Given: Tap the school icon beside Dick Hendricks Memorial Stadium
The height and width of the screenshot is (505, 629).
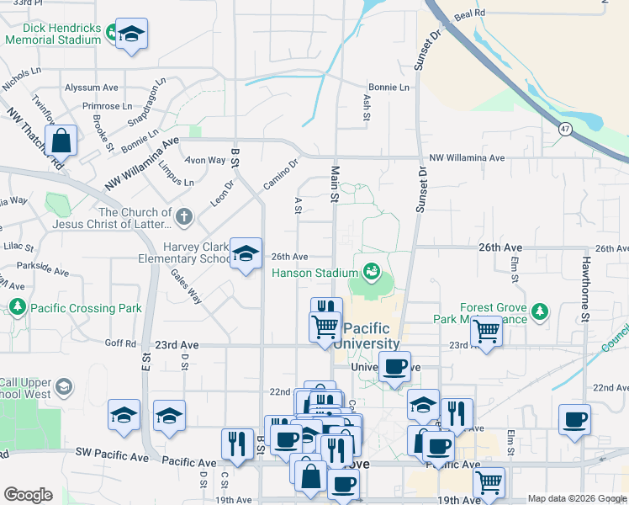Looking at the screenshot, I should coord(130,35).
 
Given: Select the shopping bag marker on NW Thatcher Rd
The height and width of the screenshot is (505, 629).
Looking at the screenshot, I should coord(61,141).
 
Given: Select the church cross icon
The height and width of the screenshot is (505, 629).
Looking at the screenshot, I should coord(184,218).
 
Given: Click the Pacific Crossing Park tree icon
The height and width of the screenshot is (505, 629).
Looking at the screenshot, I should coord(17,308).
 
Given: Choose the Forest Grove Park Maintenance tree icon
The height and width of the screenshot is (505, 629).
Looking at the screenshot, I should coord(539,313).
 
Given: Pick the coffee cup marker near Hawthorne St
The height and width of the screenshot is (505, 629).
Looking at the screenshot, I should coord(574,419).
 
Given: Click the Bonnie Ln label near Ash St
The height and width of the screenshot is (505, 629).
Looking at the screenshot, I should coord(388,88).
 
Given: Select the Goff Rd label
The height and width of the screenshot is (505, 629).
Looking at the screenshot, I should coord(120,343).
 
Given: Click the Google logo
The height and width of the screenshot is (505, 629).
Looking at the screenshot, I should coord(28,494).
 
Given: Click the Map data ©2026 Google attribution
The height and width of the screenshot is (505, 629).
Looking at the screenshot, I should coord(576,498).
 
